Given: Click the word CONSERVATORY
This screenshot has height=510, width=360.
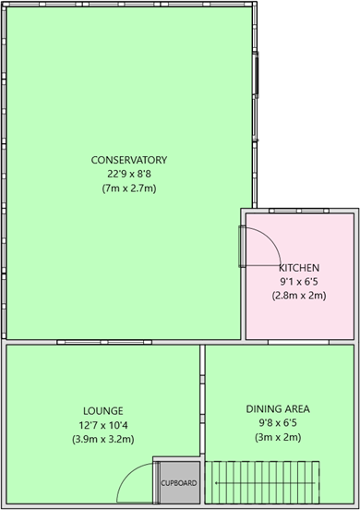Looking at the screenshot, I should tap(128, 158).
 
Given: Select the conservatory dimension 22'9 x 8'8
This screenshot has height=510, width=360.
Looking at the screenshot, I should tap(128, 173).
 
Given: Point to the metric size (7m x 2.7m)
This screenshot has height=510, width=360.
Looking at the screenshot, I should tap(128, 188).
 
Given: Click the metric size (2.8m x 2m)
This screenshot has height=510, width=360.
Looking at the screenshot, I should tap(301, 296).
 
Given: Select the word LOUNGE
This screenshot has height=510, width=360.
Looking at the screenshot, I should tap(102, 409).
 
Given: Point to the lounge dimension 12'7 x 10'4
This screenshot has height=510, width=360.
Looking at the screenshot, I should tap(102, 424).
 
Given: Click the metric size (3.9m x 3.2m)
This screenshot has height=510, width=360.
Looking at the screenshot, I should tap(102, 439).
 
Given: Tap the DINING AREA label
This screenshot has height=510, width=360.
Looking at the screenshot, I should tap(277, 407).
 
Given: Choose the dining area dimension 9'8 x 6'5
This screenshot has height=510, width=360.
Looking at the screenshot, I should tap(277, 422).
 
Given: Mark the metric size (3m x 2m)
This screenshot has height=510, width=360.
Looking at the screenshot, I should tap(277, 437).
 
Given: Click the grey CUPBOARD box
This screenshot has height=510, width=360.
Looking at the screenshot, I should tap(178, 482).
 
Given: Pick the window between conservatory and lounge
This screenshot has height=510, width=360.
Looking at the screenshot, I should tap(88, 342).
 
